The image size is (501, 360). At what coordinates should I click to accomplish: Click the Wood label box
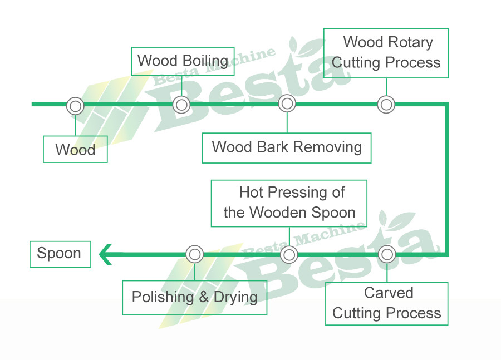[x=75, y=150]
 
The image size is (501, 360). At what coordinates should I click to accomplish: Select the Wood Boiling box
[x=182, y=61]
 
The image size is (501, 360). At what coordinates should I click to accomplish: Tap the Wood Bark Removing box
[x=286, y=147]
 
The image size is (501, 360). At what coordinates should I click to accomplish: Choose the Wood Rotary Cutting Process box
[x=386, y=53]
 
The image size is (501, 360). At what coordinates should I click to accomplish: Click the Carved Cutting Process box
[x=387, y=303]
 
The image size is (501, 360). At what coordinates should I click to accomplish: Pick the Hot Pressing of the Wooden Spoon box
[x=289, y=203]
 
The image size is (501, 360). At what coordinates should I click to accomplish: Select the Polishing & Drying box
[x=194, y=297]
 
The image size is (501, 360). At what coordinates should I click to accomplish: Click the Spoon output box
[x=60, y=254]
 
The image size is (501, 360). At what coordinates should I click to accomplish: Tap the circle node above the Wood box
[x=75, y=106]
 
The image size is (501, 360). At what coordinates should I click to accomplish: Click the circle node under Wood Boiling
[x=181, y=105]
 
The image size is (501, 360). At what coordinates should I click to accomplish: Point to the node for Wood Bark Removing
[x=287, y=103]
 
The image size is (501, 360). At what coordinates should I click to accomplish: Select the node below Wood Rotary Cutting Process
[x=386, y=105]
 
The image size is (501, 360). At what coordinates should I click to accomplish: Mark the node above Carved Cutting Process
[x=386, y=254]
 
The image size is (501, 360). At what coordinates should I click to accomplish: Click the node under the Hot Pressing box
[x=289, y=255]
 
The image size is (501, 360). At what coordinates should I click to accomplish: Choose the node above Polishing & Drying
[x=194, y=254]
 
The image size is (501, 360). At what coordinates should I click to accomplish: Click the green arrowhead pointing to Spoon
[x=106, y=255]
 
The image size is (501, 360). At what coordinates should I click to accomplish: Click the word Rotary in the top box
[x=411, y=42]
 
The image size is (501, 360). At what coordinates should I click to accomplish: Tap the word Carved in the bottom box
[x=389, y=293]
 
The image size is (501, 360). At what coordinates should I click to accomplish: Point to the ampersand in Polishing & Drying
[x=204, y=297]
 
